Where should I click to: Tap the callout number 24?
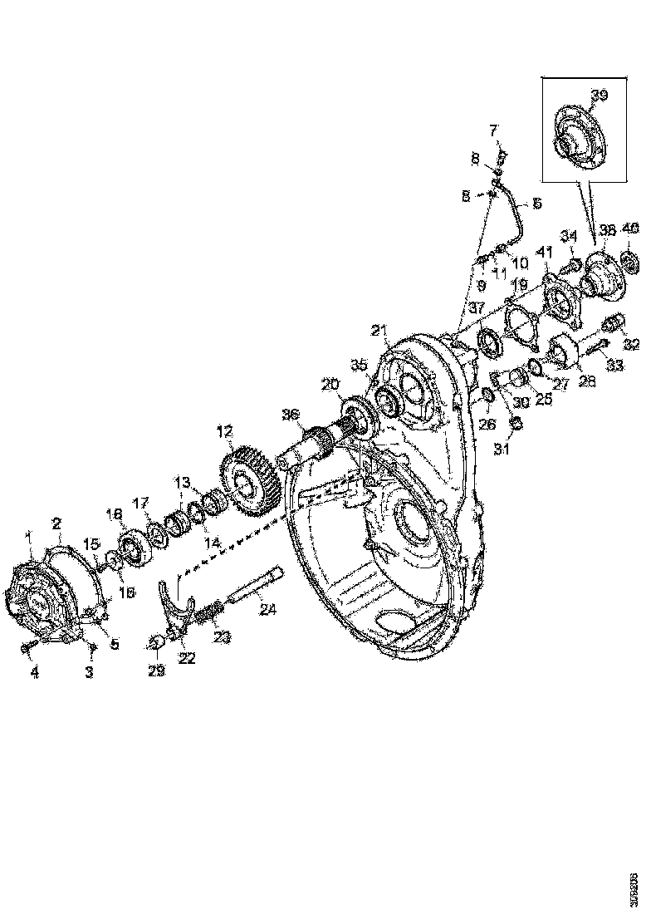[268, 609]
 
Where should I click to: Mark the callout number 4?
[35, 673]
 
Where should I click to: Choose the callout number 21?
[379, 332]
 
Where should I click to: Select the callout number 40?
[631, 228]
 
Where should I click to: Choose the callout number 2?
[56, 523]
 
